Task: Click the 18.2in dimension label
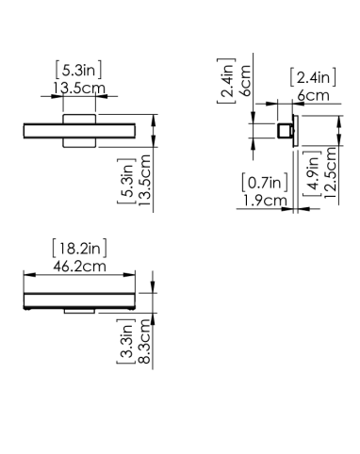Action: pos(79,248)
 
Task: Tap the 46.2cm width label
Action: pos(79,267)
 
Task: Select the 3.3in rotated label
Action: pos(126,341)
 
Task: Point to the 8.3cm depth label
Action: pos(144,341)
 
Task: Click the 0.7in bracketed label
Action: pos(265,183)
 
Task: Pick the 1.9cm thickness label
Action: pos(265,201)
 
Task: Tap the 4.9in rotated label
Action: pos(313,173)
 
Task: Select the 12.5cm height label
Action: pos(331,172)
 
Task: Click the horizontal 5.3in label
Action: pos(78,70)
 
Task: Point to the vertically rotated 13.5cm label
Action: pos(144,181)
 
